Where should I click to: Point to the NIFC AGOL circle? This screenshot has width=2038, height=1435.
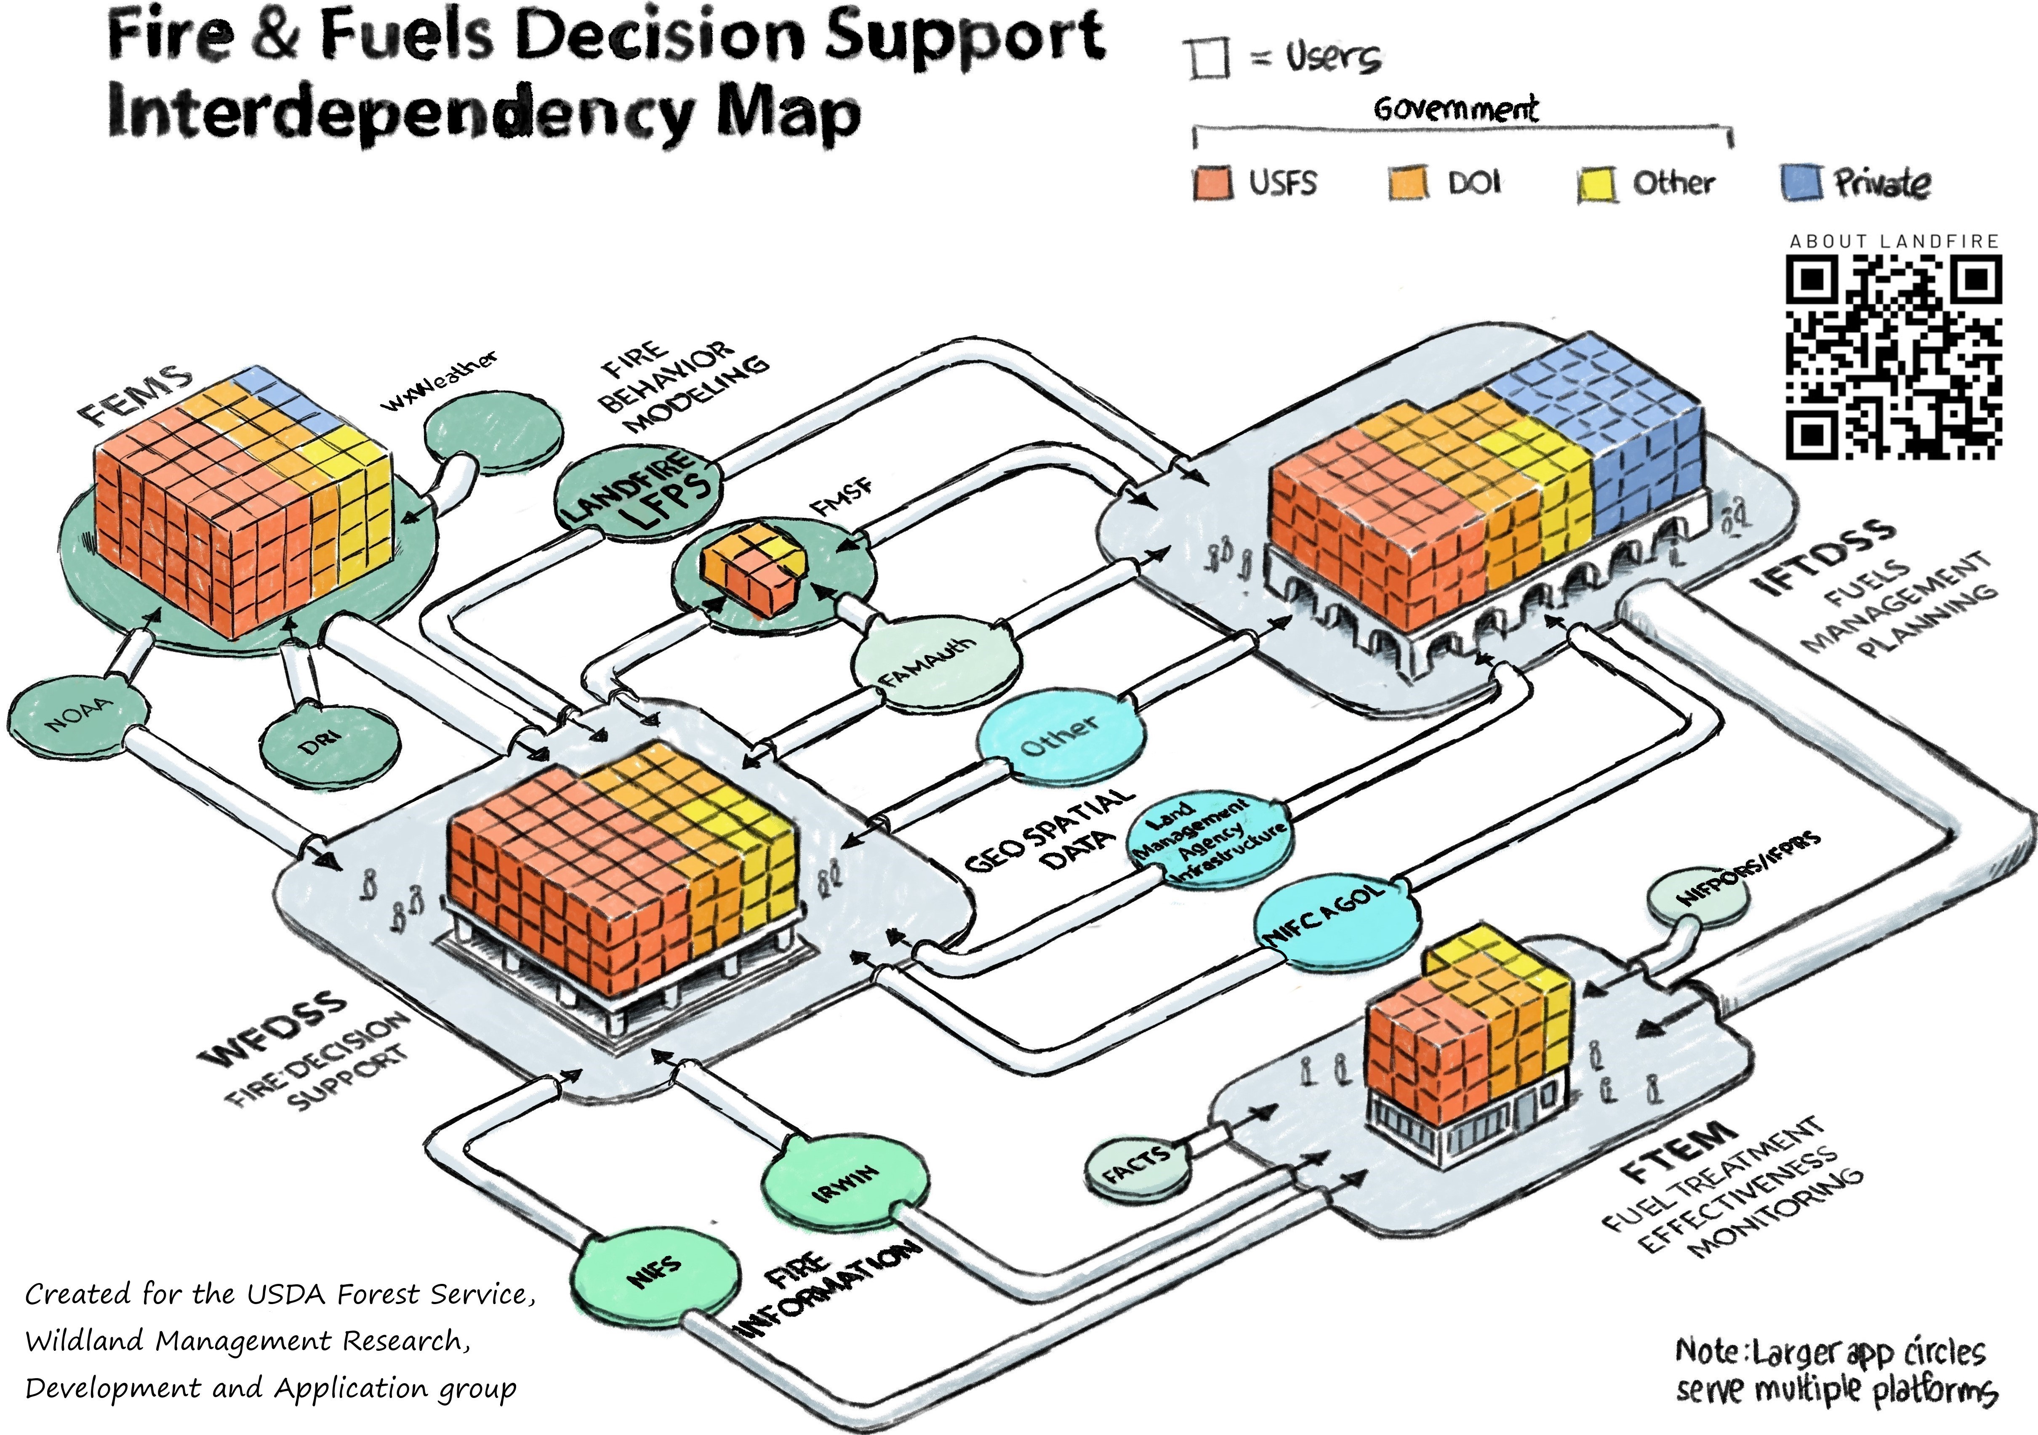pos(1334,922)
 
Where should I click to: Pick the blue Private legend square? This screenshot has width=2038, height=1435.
pos(1801,183)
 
